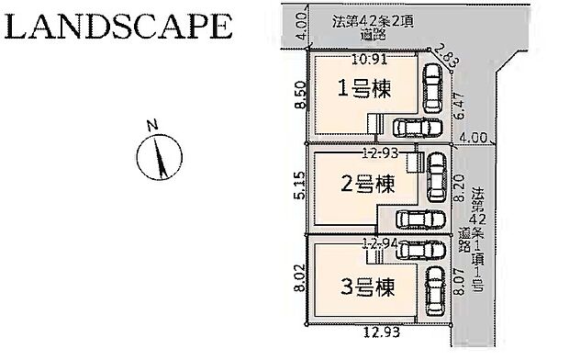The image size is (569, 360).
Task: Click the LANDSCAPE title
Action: coord(117,25)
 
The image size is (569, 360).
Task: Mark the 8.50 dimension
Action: coord(293,95)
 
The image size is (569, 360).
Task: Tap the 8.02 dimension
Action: coord(295,278)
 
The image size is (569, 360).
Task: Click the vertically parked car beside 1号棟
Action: coord(431,89)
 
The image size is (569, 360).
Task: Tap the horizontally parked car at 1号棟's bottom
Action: coord(411,128)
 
